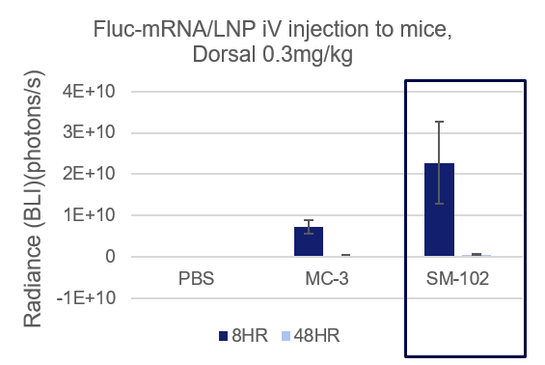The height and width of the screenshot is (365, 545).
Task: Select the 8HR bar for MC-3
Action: pyautogui.click(x=309, y=241)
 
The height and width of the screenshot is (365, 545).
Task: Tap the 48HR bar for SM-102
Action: pyautogui.click(x=477, y=255)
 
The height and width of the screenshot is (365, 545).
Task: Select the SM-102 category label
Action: pyautogui.click(x=458, y=279)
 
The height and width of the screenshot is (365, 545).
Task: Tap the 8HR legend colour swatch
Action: pyautogui.click(x=224, y=336)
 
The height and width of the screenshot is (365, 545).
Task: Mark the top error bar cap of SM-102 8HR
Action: pyautogui.click(x=439, y=122)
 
